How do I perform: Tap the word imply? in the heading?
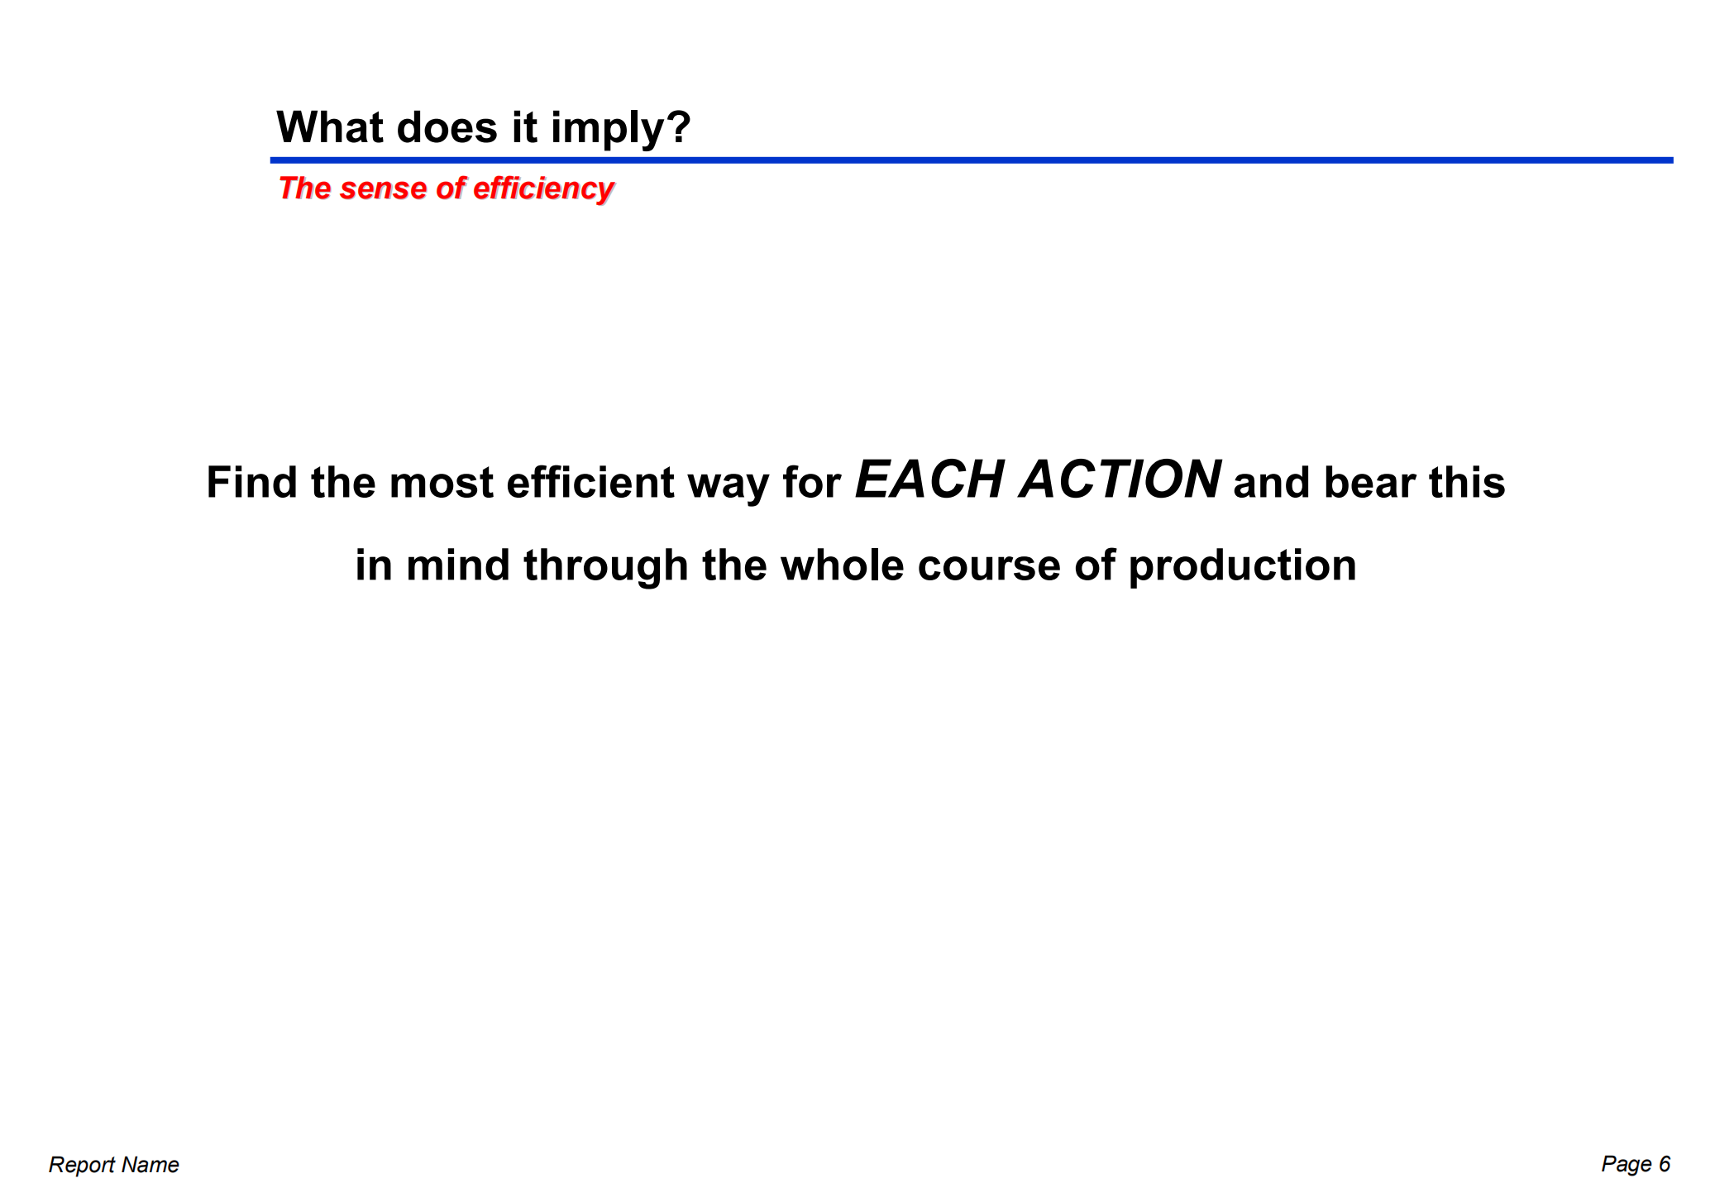620,129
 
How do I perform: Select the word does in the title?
447,127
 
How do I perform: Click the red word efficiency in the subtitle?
543,189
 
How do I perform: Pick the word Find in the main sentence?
251,482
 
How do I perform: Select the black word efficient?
590,482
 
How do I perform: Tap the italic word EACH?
929,479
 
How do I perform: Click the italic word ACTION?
1120,479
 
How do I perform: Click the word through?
605,566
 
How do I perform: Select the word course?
988,566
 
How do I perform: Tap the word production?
1242,566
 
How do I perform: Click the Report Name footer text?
114,1164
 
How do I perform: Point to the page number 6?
1664,1163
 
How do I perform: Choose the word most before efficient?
441,482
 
